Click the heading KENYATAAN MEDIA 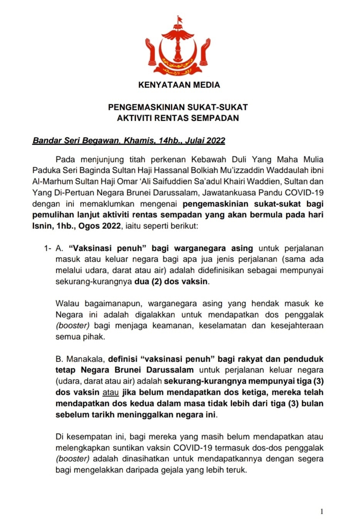pos(179,85)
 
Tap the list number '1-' pos(48,248)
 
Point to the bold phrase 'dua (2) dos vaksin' pos(171,281)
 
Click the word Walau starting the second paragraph pos(68,303)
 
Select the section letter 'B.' pos(60,359)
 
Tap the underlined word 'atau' pos(110,393)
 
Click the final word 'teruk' pos(237,470)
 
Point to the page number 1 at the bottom pos(322,512)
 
